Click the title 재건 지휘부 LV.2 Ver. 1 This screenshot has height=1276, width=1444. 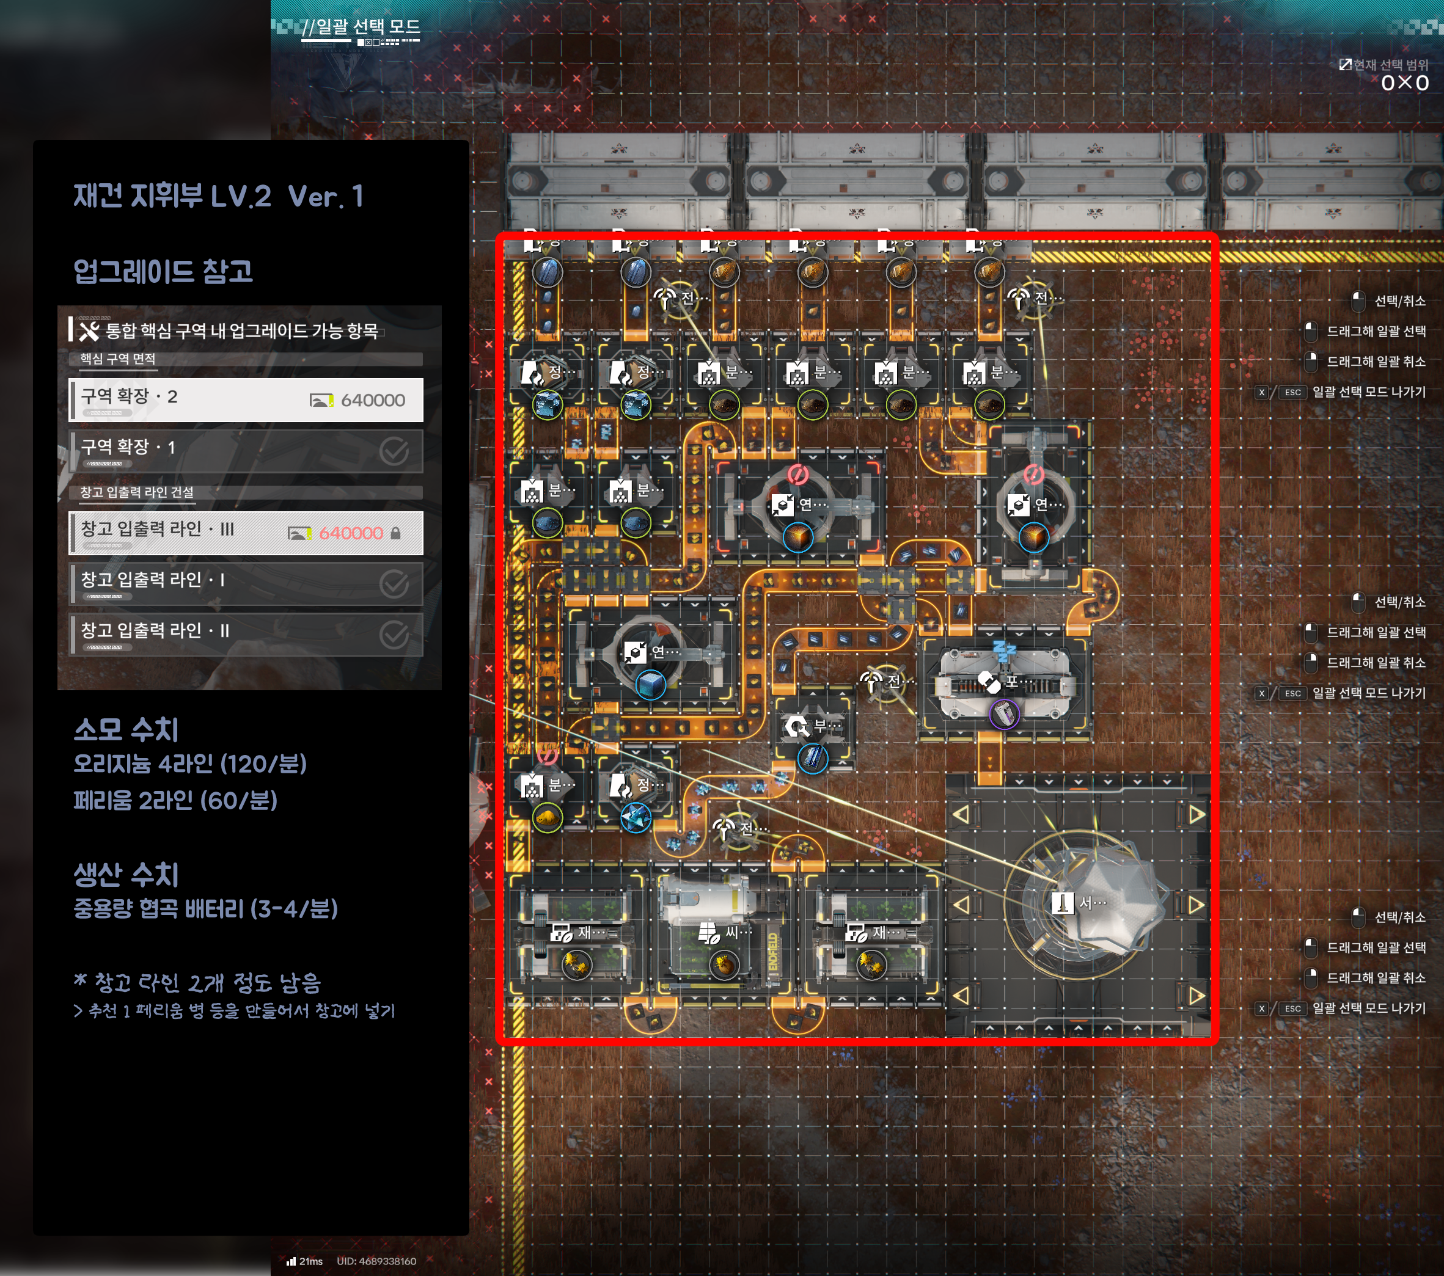[218, 196]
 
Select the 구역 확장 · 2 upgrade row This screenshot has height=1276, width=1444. [246, 399]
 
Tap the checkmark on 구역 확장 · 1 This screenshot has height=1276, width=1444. [394, 451]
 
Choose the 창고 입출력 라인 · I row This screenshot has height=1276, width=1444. [246, 582]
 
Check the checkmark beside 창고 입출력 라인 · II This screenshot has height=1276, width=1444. [394, 634]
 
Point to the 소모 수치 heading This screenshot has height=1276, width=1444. [126, 729]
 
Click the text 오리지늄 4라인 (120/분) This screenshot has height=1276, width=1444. [190, 764]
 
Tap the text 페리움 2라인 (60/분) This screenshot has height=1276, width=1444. [175, 801]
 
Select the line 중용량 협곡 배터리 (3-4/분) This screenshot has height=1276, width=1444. [205, 909]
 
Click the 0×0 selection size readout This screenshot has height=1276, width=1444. [1404, 83]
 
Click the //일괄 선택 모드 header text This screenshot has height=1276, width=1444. [361, 27]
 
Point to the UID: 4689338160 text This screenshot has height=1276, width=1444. [376, 1261]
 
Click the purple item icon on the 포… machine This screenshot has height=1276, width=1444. [1003, 713]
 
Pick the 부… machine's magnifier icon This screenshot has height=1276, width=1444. [797, 726]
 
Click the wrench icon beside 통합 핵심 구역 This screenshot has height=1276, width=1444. [89, 331]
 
